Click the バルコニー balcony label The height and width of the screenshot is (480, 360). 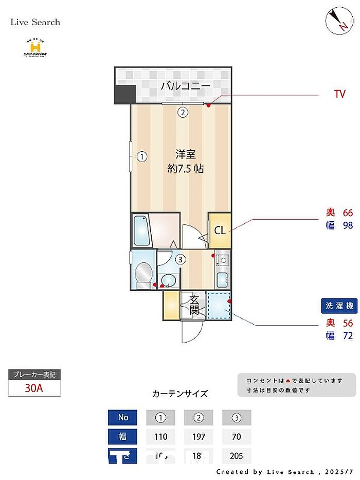click(x=185, y=85)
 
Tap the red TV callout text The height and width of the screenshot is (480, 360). click(x=339, y=94)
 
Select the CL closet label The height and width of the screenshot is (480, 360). click(x=220, y=230)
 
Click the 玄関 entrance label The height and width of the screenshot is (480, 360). click(x=194, y=305)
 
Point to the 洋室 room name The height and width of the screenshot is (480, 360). click(x=185, y=154)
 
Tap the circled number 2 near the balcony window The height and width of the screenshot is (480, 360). click(x=182, y=112)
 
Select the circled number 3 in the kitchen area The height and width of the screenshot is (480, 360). click(x=179, y=259)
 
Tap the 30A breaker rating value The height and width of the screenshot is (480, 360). click(x=34, y=388)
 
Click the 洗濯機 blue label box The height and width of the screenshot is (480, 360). click(x=339, y=306)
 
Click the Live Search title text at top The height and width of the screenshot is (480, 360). click(x=35, y=22)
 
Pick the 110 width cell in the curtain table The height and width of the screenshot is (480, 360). click(x=161, y=437)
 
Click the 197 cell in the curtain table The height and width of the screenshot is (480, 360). click(x=199, y=437)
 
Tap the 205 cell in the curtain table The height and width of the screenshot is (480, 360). click(x=237, y=456)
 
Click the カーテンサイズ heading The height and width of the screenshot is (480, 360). click(x=180, y=394)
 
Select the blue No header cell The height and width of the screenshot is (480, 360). click(x=123, y=417)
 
